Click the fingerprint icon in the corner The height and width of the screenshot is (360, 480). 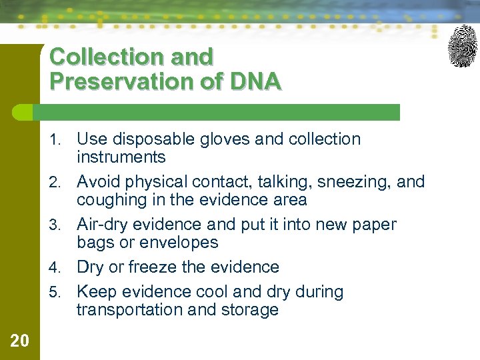pyautogui.click(x=463, y=46)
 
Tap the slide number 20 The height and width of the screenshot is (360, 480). pyautogui.click(x=20, y=341)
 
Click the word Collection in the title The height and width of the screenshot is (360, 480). pyautogui.click(x=107, y=57)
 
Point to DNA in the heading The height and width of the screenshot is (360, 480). pyautogui.click(x=255, y=81)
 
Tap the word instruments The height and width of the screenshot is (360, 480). pyautogui.click(x=121, y=157)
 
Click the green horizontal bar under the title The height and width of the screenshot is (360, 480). pyautogui.click(x=220, y=112)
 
